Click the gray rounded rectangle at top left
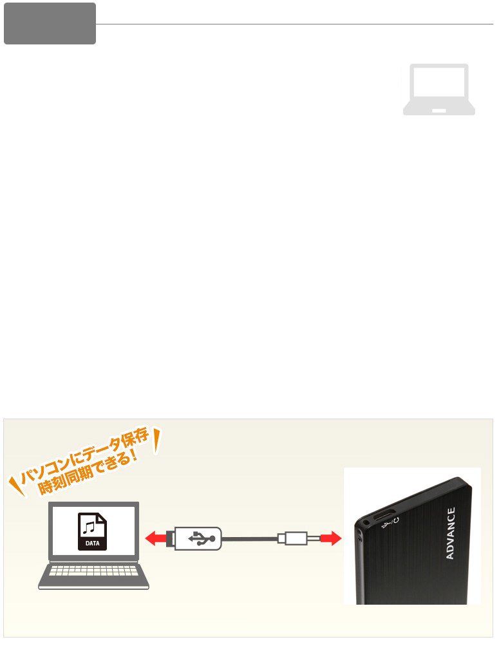(x=50, y=23)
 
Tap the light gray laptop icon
(x=439, y=90)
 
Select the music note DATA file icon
(x=92, y=531)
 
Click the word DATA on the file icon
(x=92, y=544)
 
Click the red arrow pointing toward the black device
(x=330, y=538)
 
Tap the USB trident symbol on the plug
(x=202, y=538)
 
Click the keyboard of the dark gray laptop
(x=94, y=571)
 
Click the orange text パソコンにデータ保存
(x=84, y=457)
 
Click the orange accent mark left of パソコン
(x=17, y=486)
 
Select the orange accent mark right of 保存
(x=156, y=441)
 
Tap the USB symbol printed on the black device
(x=387, y=525)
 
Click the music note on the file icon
(x=89, y=527)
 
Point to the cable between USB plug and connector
(x=250, y=538)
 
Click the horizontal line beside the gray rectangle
(x=294, y=24)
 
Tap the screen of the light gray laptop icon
(x=439, y=82)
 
